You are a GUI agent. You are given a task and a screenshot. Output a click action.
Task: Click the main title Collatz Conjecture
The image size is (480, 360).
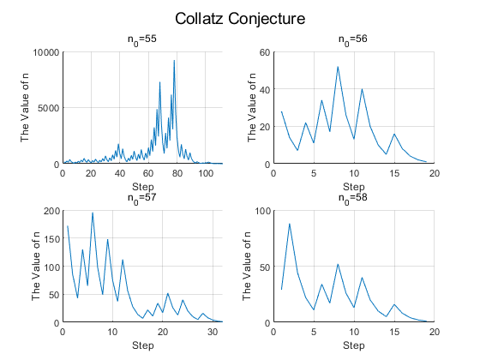[x=240, y=19]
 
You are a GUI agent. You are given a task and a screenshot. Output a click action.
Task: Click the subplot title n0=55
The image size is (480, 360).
[x=142, y=39]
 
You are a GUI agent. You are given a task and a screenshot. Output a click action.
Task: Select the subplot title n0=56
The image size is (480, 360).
[x=353, y=39]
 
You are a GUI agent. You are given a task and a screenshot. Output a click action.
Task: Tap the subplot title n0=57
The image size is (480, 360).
[x=142, y=198]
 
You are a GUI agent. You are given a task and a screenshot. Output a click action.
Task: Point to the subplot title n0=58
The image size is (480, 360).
[x=353, y=198]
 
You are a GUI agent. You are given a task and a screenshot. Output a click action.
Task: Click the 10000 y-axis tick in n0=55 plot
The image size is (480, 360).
[x=46, y=52]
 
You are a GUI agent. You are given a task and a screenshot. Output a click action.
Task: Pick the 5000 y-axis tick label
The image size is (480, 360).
[x=48, y=108]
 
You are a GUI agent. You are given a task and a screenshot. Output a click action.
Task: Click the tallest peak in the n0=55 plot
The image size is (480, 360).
[x=174, y=60]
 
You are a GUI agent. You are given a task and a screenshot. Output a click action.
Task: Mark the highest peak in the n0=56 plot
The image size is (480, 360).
[x=338, y=67]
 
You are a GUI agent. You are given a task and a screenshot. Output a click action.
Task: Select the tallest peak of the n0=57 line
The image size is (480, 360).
[x=93, y=213]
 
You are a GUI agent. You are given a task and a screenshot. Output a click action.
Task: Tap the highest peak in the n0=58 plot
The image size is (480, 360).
[x=290, y=224]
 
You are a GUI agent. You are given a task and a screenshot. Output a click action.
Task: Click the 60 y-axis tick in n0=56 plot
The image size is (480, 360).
[x=265, y=52]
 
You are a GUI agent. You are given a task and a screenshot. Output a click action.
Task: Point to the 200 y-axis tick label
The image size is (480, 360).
[x=51, y=211]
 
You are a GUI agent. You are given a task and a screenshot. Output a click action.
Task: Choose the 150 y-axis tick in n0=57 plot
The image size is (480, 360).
[x=51, y=239]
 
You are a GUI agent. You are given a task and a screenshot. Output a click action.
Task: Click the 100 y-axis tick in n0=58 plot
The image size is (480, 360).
[x=262, y=211]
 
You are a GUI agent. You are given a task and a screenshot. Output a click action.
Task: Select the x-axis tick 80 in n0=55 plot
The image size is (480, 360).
[x=177, y=173]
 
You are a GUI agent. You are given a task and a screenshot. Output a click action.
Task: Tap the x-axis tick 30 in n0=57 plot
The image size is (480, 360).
[x=213, y=332]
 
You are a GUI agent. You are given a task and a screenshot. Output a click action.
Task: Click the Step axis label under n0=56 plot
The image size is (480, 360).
[x=353, y=187]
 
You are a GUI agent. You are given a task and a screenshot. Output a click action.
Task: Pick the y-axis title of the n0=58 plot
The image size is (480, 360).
[x=247, y=266]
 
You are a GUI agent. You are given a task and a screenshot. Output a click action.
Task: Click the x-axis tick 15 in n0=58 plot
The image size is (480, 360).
[x=394, y=332]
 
